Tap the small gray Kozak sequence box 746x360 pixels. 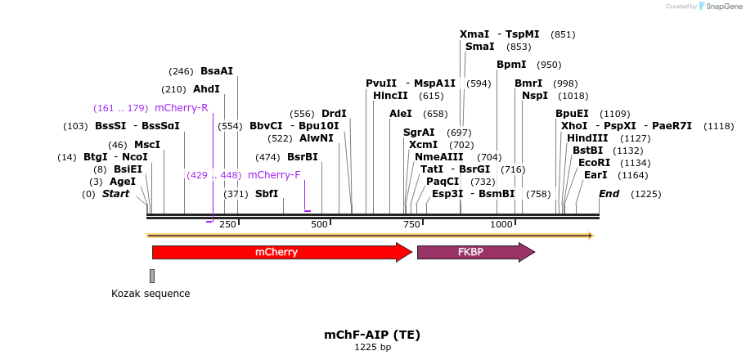(152, 276)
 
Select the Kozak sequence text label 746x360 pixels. (151, 293)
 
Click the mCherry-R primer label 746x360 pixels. (181, 108)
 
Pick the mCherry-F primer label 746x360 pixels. (274, 175)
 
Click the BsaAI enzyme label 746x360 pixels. (217, 71)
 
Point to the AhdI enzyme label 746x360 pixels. (206, 89)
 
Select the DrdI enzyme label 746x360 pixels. (334, 114)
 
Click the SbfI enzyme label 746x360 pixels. (267, 194)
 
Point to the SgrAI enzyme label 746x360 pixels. (419, 133)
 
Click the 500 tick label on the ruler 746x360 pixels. (319, 224)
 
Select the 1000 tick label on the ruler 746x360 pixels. (501, 224)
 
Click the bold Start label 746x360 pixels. (115, 194)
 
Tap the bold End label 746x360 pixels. (609, 194)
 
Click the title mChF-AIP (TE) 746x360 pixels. (372, 335)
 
